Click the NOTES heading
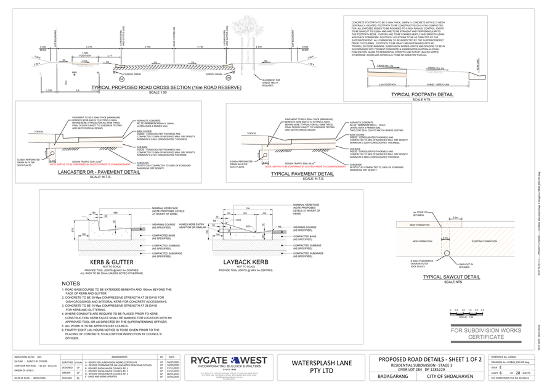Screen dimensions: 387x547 point(71,284)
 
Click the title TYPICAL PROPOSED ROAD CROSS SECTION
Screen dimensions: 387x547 point(166,88)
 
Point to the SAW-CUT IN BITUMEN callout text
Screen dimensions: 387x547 point(464,267)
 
